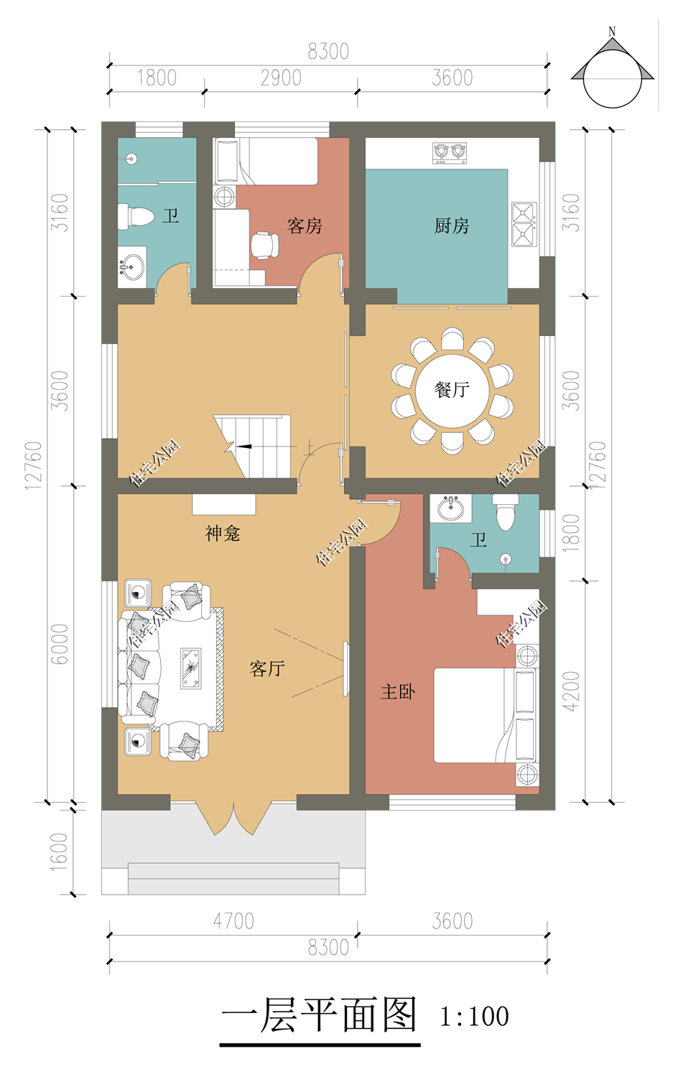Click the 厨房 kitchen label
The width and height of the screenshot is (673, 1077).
[451, 225]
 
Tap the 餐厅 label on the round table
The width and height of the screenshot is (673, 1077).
[452, 389]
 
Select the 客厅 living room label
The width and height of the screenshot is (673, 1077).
[267, 668]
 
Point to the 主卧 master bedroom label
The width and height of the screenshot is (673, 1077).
[397, 692]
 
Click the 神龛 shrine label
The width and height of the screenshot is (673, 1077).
[222, 533]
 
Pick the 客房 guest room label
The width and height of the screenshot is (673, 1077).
[305, 225]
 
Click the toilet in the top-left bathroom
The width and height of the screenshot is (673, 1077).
[136, 217]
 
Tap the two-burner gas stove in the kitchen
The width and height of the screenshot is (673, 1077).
[450, 153]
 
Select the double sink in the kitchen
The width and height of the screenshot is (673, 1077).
[524, 225]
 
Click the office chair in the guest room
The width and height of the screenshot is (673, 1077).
[264, 246]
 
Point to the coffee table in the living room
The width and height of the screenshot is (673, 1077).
[191, 668]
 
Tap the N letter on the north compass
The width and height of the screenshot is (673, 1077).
[612, 32]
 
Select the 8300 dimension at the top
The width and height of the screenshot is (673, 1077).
[328, 52]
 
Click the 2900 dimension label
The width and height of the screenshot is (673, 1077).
[281, 78]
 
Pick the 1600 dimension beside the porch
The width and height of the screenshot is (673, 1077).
[59, 852]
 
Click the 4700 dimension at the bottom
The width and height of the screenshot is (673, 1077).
[233, 921]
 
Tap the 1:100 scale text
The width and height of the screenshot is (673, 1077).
[474, 1017]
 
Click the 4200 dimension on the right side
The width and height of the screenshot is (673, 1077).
[571, 691]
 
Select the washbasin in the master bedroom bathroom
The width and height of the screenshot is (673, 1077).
[451, 508]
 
